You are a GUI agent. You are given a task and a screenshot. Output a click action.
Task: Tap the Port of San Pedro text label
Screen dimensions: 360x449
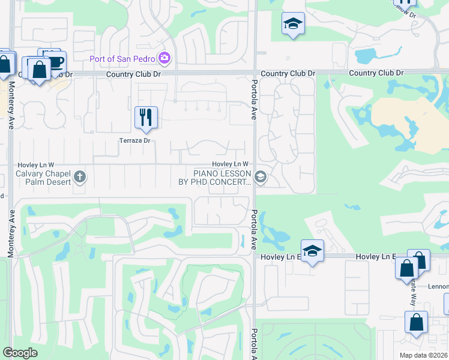(x=122, y=58)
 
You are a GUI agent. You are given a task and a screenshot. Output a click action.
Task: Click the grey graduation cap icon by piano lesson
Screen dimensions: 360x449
(x=261, y=176)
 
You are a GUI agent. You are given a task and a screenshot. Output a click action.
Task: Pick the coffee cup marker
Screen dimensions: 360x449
(x=56, y=62)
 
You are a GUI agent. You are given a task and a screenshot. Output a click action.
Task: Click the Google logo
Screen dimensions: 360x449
(x=20, y=353)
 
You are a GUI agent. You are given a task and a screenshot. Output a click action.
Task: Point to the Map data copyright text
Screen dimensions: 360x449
(x=424, y=355)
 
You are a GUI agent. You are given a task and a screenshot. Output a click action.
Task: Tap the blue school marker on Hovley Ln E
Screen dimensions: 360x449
(x=312, y=250)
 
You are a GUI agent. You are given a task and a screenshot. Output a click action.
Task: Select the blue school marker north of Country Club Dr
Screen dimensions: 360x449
(x=292, y=23)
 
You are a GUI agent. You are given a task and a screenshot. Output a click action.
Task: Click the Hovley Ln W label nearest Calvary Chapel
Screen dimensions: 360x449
(x=36, y=164)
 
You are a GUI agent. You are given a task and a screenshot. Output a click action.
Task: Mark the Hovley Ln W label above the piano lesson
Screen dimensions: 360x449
(x=230, y=164)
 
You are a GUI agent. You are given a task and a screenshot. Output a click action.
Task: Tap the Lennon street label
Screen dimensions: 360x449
(x=438, y=286)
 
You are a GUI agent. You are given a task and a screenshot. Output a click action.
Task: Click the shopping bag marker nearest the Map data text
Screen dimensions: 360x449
(x=416, y=322)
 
